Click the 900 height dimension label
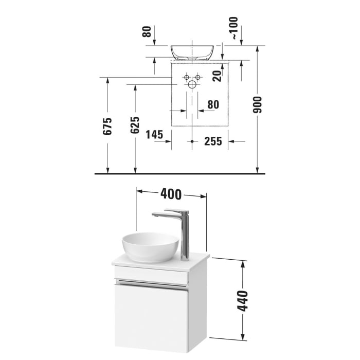(x=258, y=104)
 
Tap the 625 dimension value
(x=135, y=125)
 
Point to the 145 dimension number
(x=154, y=135)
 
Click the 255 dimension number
(x=212, y=141)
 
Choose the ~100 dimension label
(x=235, y=28)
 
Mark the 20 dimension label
(x=218, y=76)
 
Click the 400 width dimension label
(x=171, y=194)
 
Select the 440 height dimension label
(x=242, y=300)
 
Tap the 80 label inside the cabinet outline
(x=212, y=105)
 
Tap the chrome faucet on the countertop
(x=180, y=231)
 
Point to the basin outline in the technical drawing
(x=192, y=52)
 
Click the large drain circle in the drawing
(x=192, y=84)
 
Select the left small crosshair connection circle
(x=186, y=77)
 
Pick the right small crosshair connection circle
(x=197, y=77)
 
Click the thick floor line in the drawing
(x=180, y=174)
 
